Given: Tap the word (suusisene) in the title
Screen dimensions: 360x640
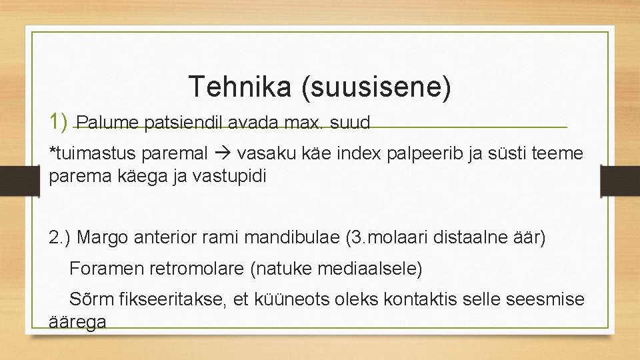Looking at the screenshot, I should pyautogui.click(x=376, y=87).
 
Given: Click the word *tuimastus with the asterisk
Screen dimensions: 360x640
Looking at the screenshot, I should pyautogui.click(x=93, y=154).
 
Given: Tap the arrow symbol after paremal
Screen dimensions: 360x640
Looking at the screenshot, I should pyautogui.click(x=222, y=154).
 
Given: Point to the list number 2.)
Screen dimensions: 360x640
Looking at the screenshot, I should pyautogui.click(x=62, y=237).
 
